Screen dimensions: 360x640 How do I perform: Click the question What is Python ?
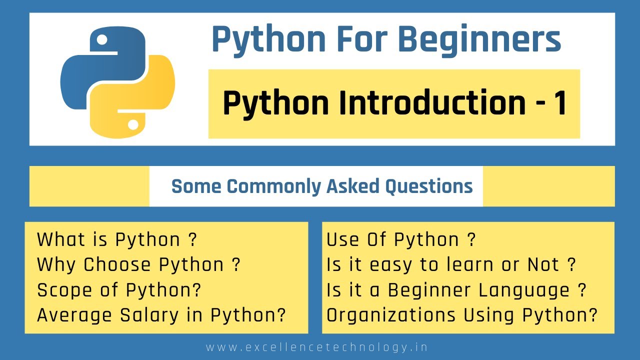[x=117, y=240]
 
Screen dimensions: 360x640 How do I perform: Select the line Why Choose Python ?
[x=138, y=265]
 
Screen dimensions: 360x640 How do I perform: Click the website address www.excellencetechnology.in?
[x=317, y=347]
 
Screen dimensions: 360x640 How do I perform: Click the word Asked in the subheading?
[x=353, y=186]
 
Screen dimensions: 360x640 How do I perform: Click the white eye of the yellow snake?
[x=132, y=122]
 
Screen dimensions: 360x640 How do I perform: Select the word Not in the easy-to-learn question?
[x=542, y=265]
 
